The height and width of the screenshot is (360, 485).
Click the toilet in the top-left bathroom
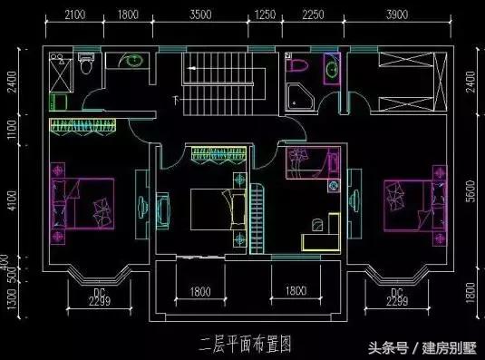tap(87, 65)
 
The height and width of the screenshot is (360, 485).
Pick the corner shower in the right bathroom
tap(298, 96)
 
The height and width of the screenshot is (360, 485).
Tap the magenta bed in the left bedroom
tap(88, 203)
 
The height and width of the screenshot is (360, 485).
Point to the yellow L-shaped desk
tap(321, 233)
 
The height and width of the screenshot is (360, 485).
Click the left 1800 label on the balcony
tap(200, 292)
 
